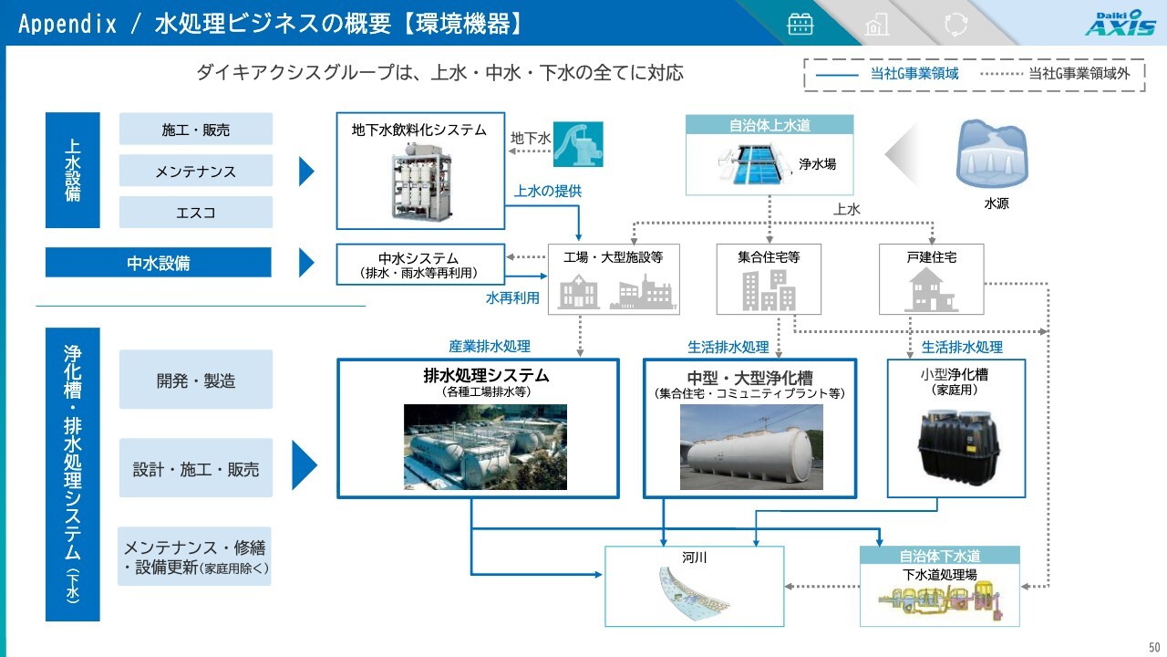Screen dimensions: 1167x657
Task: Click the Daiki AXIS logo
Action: (1121, 23)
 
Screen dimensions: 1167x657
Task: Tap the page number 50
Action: (1154, 647)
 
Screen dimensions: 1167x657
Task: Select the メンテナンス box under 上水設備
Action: (196, 171)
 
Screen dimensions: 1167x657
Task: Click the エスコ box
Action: (196, 213)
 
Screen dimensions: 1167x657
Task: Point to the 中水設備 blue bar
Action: (159, 262)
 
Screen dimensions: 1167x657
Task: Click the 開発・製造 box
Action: (196, 380)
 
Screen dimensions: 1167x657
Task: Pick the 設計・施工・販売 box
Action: (196, 468)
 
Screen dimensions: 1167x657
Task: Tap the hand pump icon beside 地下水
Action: (578, 144)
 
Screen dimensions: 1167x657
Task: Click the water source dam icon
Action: (992, 154)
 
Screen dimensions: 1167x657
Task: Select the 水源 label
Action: (997, 203)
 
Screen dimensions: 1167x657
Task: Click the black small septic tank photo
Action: (958, 447)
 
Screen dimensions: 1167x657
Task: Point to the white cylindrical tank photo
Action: (751, 447)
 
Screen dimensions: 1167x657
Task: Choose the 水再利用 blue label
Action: (512, 298)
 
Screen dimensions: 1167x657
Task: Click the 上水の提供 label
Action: (548, 192)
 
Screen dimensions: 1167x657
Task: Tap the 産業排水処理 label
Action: (490, 346)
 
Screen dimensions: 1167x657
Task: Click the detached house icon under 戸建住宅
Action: (931, 290)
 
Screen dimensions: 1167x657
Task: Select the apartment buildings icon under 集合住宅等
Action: (769, 290)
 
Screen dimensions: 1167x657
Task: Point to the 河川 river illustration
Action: (695, 594)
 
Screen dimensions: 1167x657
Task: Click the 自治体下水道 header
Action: (940, 556)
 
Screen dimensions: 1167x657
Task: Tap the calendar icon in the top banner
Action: (800, 24)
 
